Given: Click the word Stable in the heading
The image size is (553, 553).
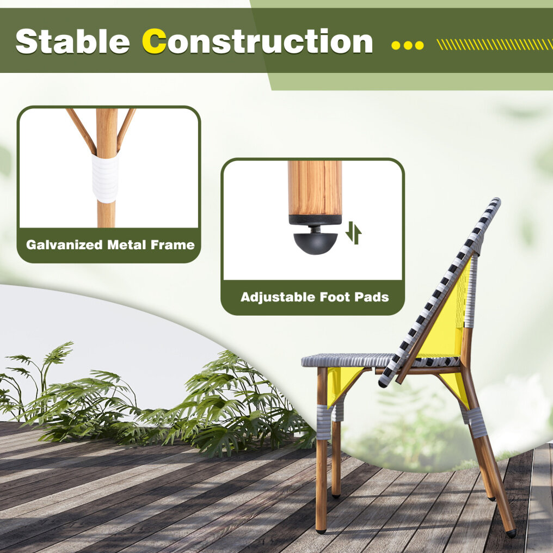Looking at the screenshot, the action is pyautogui.click(x=72, y=41).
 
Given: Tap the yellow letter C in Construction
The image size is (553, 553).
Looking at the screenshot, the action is pyautogui.click(x=154, y=41).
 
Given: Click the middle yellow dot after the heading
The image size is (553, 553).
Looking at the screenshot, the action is pyautogui.click(x=408, y=46).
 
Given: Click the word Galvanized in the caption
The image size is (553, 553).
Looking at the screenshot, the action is pyautogui.click(x=64, y=244).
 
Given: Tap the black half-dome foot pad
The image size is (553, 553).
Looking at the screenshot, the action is pyautogui.click(x=315, y=243).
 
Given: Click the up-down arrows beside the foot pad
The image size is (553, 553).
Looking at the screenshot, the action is pyautogui.click(x=353, y=233).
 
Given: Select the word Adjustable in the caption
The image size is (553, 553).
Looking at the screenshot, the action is pyautogui.click(x=278, y=297).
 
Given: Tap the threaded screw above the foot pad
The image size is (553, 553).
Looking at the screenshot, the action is pyautogui.click(x=315, y=229).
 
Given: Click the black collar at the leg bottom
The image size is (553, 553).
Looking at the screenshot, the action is pyautogui.click(x=315, y=220).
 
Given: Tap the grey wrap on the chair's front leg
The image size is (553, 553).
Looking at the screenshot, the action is pyautogui.click(x=324, y=422).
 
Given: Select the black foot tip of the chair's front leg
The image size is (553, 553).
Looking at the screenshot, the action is pyautogui.click(x=321, y=530).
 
